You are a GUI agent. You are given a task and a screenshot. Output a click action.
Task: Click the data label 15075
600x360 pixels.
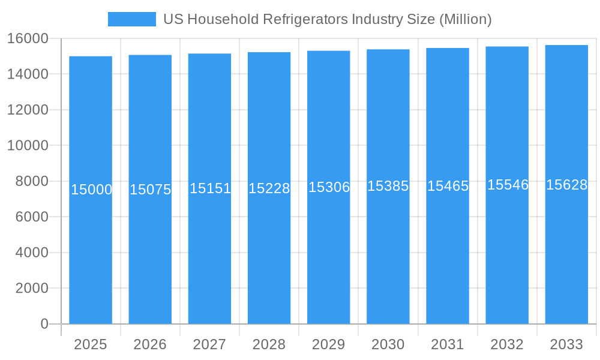click(x=151, y=190)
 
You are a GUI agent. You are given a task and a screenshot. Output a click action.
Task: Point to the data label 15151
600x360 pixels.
click(x=210, y=188)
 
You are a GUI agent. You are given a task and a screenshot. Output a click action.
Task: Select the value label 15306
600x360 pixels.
click(x=329, y=187)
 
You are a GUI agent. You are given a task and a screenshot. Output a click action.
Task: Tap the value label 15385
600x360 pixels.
click(x=388, y=186)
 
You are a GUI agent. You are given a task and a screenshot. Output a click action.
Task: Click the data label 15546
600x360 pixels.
click(x=508, y=185)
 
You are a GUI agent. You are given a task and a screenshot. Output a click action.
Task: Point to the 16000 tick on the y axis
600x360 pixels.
click(x=28, y=38)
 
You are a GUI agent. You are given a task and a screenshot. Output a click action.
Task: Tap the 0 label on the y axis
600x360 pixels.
click(x=44, y=324)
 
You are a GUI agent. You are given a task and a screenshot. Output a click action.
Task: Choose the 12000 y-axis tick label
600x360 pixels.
click(x=28, y=110)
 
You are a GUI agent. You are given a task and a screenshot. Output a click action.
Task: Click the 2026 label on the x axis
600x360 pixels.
click(x=150, y=344)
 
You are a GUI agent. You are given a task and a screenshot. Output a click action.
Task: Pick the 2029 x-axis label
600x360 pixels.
click(x=329, y=344)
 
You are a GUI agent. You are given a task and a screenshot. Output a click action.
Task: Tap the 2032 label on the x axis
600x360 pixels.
click(x=507, y=344)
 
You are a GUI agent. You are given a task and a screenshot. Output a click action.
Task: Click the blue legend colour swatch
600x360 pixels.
click(x=131, y=19)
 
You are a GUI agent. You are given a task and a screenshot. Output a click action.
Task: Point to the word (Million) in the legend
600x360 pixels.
click(x=466, y=19)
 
